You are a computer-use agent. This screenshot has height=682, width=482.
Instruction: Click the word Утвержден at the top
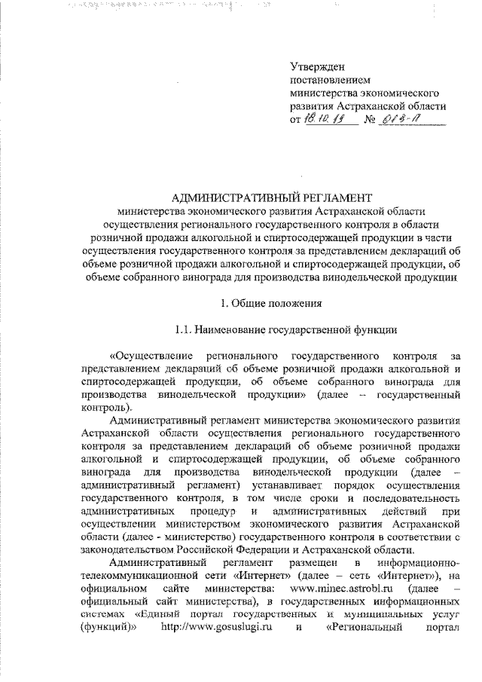pos(316,66)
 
